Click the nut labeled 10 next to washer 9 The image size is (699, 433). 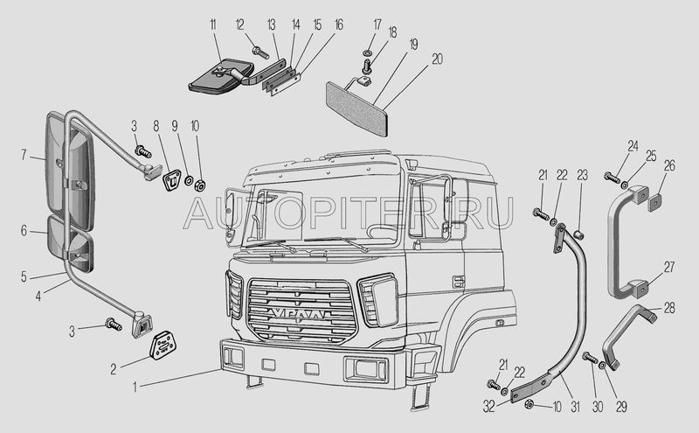point(199,185)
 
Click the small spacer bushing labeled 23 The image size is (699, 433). point(579,234)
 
